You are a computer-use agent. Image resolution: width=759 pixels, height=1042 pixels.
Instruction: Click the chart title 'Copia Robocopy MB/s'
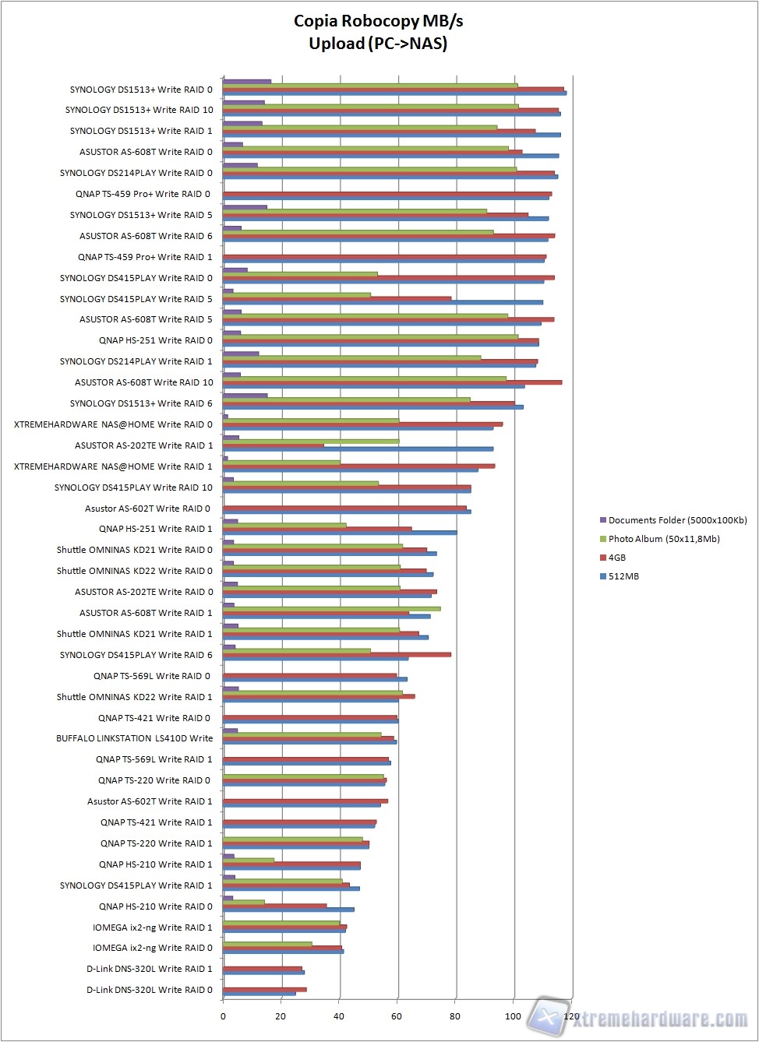click(378, 22)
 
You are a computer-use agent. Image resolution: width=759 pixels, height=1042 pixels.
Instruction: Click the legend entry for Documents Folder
click(677, 520)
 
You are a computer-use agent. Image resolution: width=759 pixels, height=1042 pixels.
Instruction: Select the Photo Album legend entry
click(663, 539)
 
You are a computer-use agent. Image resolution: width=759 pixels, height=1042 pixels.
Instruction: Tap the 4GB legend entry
click(616, 558)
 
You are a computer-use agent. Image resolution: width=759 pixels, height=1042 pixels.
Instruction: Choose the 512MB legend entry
click(623, 576)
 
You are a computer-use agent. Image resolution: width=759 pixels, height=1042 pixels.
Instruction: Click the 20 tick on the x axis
click(281, 1016)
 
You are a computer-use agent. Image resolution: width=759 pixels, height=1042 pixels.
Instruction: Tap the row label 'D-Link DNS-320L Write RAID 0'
click(149, 990)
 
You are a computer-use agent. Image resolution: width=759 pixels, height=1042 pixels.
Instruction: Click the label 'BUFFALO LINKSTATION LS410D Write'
click(134, 738)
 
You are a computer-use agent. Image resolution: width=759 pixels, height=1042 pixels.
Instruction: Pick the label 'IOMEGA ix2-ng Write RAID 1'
click(152, 928)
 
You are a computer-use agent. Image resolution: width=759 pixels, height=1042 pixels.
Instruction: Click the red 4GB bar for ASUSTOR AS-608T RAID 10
click(392, 382)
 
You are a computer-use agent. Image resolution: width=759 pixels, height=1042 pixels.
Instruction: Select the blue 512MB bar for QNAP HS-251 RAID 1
click(340, 533)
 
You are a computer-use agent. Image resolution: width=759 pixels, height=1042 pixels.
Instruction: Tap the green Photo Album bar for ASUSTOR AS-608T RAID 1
click(331, 609)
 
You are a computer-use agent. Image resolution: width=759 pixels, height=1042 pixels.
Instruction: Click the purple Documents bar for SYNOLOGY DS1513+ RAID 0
click(247, 81)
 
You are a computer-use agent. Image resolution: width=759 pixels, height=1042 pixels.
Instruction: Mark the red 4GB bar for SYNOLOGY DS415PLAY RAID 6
click(337, 655)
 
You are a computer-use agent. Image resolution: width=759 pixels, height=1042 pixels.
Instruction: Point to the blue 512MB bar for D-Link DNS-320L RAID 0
click(259, 994)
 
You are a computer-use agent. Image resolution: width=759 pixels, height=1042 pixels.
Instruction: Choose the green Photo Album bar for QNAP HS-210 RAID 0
click(244, 902)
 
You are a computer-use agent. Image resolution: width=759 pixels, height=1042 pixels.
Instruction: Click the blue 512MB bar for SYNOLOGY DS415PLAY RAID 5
click(383, 302)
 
